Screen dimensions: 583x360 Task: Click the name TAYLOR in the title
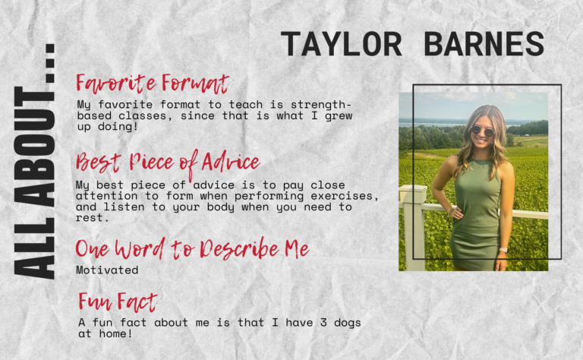click(x=341, y=44)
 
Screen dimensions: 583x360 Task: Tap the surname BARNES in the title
click(x=484, y=44)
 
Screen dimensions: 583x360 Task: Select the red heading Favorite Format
click(x=153, y=84)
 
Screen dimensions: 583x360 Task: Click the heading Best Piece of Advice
click(x=168, y=163)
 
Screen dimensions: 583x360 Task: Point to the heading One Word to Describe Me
click(x=192, y=248)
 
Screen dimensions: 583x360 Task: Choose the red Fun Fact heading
click(x=118, y=302)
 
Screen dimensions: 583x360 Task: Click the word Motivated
click(x=107, y=270)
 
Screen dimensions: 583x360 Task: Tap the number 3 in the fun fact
click(x=323, y=323)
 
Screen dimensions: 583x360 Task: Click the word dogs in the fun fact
click(x=347, y=323)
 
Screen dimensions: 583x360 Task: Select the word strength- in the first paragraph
click(x=321, y=106)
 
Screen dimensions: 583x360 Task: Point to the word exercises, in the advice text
click(x=345, y=196)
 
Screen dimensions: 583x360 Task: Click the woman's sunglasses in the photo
click(x=482, y=131)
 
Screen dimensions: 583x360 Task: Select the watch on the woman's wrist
click(x=503, y=251)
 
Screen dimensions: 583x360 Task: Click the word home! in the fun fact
click(x=115, y=333)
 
